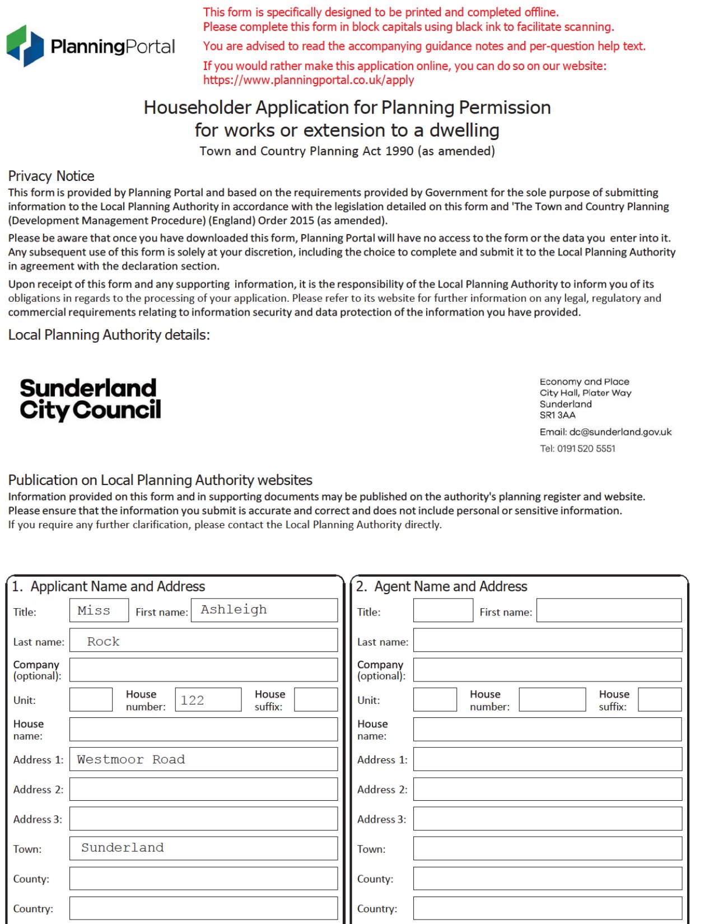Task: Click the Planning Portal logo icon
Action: pos(25,46)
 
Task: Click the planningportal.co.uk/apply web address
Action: pos(309,80)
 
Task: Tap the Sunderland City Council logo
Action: pos(90,399)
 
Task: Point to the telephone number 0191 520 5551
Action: pos(586,449)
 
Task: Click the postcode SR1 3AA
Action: pos(557,415)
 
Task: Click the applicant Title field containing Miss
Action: pos(99,610)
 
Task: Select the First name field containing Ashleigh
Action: pos(264,610)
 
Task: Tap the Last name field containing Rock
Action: pos(203,640)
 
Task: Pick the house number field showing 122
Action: pos(208,700)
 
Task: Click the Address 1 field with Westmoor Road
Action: pos(203,759)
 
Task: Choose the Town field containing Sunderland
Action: pos(203,848)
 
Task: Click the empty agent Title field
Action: pos(443,610)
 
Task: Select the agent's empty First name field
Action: pos(609,610)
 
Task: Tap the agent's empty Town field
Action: pos(547,848)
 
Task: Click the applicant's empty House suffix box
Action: pos(316,700)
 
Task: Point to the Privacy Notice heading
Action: pos(51,176)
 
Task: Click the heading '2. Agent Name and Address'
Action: pos(442,586)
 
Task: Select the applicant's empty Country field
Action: pos(203,908)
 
